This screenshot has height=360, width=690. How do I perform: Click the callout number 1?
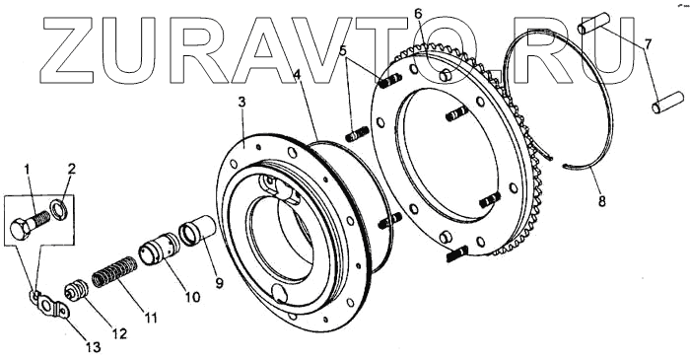pos(28,169)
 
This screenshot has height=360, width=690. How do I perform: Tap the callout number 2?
pos(71,169)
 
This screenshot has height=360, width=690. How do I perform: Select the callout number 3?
pos(241,102)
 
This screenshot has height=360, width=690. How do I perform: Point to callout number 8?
pos(601,201)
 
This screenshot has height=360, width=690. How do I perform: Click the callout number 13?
pos(93,347)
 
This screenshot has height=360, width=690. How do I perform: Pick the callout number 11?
pos(151,318)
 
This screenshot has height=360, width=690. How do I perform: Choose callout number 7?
pos(649,44)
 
